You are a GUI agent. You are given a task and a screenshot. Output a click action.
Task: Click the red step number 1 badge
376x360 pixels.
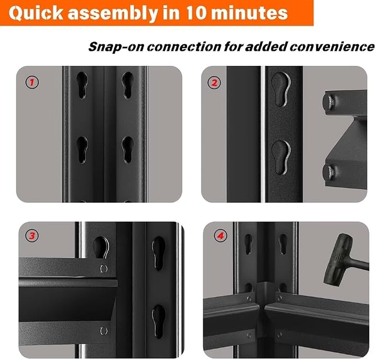(x=32, y=83)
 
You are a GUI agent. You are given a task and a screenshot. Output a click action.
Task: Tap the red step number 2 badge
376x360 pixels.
(x=214, y=83)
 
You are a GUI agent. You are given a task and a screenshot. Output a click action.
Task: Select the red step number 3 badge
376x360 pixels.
(x=32, y=236)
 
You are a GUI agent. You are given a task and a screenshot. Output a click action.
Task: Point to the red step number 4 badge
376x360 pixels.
(x=220, y=236)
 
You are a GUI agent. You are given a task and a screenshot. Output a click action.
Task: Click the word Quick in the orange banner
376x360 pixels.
(x=36, y=13)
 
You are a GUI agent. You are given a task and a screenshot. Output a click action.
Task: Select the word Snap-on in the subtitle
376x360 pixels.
(x=116, y=47)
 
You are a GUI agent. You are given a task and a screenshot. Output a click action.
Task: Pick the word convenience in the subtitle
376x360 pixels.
(x=332, y=47)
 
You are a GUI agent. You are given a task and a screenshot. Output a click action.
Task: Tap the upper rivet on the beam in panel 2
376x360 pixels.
(x=328, y=102)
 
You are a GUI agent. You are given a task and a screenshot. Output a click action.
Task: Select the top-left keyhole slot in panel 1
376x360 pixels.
(x=82, y=85)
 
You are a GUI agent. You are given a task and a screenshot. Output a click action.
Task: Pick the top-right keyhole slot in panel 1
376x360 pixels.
(x=127, y=85)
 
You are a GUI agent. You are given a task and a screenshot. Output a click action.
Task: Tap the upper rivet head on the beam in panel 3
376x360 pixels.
(x=104, y=269)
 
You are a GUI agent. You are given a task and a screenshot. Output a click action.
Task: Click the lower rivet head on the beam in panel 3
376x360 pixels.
(x=104, y=331)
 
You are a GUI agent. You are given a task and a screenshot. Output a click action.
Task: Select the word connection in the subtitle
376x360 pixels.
(x=184, y=47)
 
